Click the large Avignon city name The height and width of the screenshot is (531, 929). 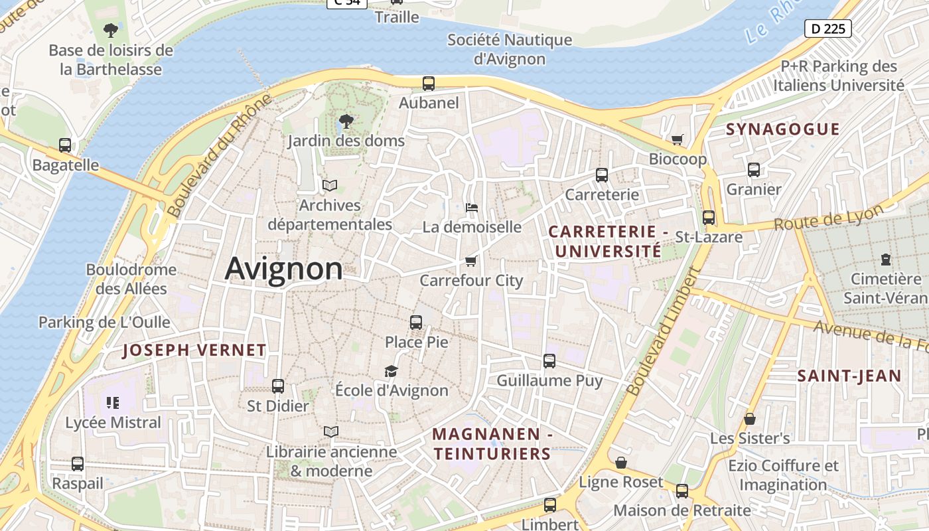[x=283, y=269]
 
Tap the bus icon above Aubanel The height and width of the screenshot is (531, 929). [x=429, y=84]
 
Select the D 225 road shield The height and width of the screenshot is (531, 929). [x=827, y=29]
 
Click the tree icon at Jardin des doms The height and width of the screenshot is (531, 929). [x=346, y=121]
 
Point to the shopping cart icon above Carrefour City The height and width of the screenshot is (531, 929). [x=471, y=261]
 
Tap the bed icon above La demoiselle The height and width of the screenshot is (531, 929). [x=471, y=208]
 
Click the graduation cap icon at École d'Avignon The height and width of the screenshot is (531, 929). [x=392, y=371]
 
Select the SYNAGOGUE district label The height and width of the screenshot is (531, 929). [x=783, y=129]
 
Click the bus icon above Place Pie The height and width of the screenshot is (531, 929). [x=416, y=323]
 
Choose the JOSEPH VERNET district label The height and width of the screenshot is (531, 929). [x=194, y=350]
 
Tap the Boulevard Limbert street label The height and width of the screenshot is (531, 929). [x=663, y=331]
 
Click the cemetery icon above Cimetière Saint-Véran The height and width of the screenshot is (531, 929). [x=885, y=260]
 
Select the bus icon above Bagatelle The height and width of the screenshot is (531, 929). [x=65, y=145]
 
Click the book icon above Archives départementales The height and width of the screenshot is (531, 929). [x=330, y=186]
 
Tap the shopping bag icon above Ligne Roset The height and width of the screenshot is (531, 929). [x=621, y=463]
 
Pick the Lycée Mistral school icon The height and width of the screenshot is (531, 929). [x=112, y=402]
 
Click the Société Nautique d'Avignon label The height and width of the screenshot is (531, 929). [x=510, y=49]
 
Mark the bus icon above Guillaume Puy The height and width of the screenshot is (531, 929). [x=549, y=361]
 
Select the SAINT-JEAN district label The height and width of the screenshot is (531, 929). [x=849, y=376]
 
